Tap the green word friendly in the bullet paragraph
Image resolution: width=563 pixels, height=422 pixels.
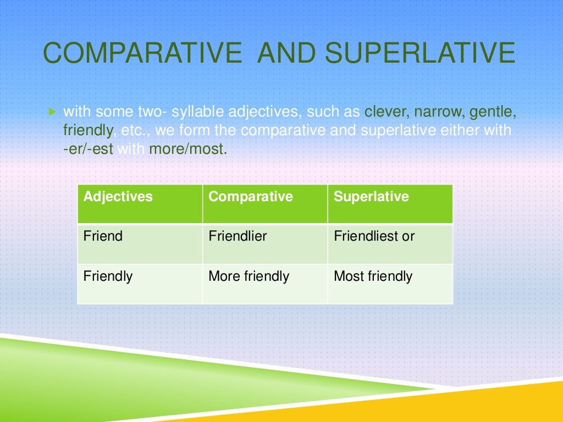coord(88,131)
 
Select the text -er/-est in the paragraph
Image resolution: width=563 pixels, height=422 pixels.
coord(88,149)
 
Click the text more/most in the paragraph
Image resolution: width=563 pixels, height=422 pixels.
coord(187,149)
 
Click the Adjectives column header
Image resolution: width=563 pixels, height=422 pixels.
coord(118,197)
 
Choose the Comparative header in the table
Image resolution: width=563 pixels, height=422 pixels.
coord(251,197)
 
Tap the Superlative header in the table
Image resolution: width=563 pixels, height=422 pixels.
coord(372,197)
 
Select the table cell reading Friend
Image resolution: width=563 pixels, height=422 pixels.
coord(103,236)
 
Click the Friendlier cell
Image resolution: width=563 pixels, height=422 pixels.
coord(238,236)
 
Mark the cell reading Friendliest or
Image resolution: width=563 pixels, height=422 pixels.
coord(374,236)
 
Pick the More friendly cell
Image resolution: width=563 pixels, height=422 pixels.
coord(249,276)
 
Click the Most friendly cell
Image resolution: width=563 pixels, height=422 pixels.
coord(373,276)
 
